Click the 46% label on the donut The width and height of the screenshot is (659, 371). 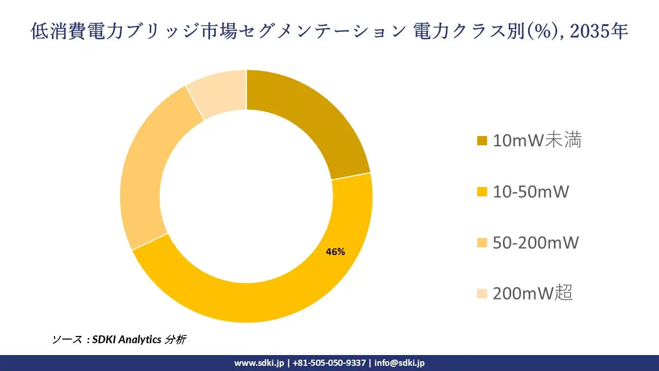335,252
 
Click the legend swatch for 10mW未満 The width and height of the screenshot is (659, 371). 482,141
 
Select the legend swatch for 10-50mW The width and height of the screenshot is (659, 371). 482,192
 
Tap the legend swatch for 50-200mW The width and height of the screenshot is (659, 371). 482,243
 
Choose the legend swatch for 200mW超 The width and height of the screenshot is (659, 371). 482,294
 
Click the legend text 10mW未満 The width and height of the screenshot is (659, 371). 537,140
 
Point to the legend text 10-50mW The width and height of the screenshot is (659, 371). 530,192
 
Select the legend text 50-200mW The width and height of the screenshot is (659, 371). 535,243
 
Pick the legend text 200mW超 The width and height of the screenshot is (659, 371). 532,293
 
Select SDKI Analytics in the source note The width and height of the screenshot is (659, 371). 127,340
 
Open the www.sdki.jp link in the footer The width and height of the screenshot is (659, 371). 259,363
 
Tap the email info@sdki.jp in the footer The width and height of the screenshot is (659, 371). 400,363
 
